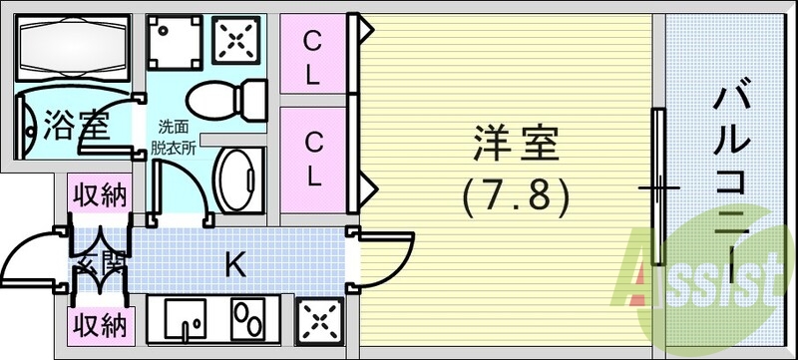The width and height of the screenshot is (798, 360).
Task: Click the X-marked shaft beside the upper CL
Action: click(x=237, y=41)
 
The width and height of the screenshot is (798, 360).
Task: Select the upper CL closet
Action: click(x=312, y=57)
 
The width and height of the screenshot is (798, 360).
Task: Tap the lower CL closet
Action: click(x=312, y=162)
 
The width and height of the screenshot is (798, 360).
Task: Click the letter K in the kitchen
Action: click(x=234, y=264)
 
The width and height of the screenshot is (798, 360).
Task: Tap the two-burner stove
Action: click(x=247, y=320)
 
